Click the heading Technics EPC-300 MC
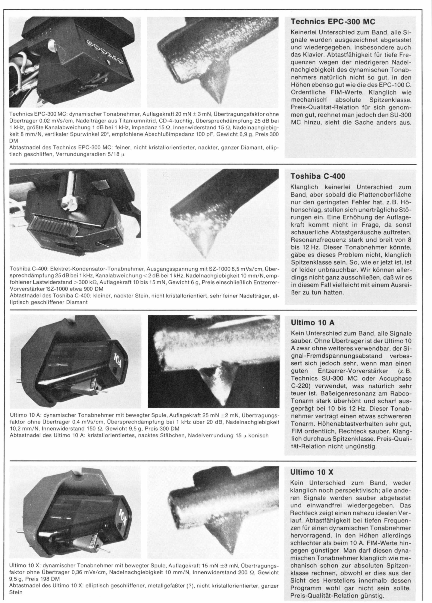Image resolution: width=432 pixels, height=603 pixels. [x=333, y=22]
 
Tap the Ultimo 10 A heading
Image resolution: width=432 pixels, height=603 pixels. [x=313, y=323]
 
